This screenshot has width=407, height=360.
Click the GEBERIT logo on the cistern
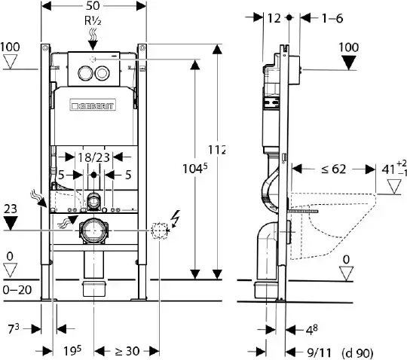(x=93, y=105)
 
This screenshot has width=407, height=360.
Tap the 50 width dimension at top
(x=93, y=6)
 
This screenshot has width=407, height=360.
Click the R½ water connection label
(x=93, y=21)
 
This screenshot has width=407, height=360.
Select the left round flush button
(x=85, y=73)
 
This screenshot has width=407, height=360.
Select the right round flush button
(x=102, y=73)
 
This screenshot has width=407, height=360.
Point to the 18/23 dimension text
(x=93, y=157)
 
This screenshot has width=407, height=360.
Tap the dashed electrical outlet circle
(x=159, y=230)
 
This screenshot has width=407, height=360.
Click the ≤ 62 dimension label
(x=334, y=169)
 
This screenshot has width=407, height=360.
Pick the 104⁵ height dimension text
(x=195, y=168)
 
